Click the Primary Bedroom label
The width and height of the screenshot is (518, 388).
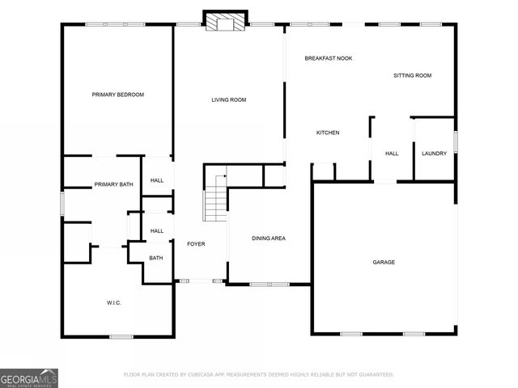pyautogui.click(x=117, y=95)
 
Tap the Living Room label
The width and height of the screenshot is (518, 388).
pyautogui.click(x=229, y=99)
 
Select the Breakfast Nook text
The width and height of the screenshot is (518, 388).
pyautogui.click(x=328, y=58)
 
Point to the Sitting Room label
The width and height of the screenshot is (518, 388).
pyautogui.click(x=412, y=75)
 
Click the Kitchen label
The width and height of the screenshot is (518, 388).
pyautogui.click(x=328, y=133)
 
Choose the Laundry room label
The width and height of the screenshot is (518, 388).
pyautogui.click(x=434, y=154)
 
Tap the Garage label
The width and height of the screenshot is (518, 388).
pyautogui.click(x=384, y=262)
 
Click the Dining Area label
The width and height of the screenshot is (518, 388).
pyautogui.click(x=269, y=238)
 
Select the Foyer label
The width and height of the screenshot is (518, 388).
pyautogui.click(x=197, y=243)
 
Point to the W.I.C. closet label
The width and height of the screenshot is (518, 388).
pyautogui.click(x=114, y=302)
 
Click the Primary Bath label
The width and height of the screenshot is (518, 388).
pyautogui.click(x=113, y=184)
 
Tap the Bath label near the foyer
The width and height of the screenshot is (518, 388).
pyautogui.click(x=156, y=258)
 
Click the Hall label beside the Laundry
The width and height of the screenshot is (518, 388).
pyautogui.click(x=392, y=154)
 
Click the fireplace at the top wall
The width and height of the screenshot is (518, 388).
pyautogui.click(x=225, y=22)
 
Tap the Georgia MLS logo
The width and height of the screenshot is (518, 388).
pyautogui.click(x=29, y=377)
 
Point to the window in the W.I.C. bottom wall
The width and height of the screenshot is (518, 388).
pyautogui.click(x=121, y=335)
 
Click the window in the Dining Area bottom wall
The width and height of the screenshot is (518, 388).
pyautogui.click(x=269, y=284)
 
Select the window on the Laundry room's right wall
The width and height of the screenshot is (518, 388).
pyautogui.click(x=456, y=141)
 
